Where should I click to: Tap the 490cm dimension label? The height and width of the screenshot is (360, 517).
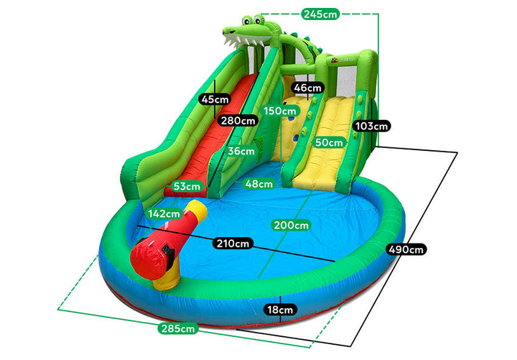406,249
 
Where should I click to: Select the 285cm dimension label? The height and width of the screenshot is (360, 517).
178,329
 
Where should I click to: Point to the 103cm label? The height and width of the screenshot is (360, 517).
372,126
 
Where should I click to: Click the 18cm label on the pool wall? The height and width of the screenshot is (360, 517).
279,310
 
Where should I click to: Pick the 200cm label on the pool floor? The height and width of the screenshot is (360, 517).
291,225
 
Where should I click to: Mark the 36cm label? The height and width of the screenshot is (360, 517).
241,152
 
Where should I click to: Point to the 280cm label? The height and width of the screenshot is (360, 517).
238,121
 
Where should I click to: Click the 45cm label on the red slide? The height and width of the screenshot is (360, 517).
215,99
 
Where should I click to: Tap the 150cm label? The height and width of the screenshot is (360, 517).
279,111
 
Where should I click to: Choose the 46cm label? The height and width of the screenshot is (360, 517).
308,88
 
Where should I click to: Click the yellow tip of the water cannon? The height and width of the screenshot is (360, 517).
195,210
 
